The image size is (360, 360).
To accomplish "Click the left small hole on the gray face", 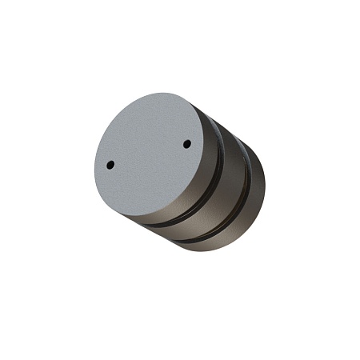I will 110,165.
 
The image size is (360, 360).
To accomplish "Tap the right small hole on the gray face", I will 186,144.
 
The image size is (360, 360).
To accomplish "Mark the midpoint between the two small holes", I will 149,154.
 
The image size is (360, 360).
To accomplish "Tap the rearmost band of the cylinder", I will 252,192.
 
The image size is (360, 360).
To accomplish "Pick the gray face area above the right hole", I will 184,124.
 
